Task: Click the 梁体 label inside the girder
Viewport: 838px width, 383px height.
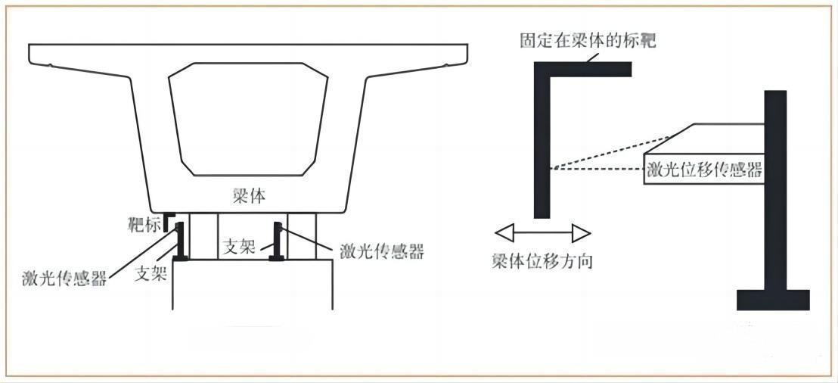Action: point(250,196)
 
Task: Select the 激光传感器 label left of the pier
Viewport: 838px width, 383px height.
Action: point(64,278)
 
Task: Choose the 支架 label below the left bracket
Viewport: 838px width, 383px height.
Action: point(151,274)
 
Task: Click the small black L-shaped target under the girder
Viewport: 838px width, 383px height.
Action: point(169,221)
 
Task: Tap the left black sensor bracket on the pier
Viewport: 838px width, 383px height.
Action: point(179,241)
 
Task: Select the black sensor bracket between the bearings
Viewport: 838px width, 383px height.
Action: point(277,241)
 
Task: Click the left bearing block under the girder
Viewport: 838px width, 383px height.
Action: point(203,236)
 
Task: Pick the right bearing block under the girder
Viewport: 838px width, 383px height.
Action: point(302,236)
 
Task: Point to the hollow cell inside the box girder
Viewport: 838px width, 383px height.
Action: point(248,119)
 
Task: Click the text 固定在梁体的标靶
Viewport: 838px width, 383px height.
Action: point(588,41)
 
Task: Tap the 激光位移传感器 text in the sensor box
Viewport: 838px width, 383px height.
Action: point(704,170)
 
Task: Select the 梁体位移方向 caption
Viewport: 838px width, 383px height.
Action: point(542,262)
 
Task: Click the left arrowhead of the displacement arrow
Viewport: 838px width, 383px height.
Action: point(504,233)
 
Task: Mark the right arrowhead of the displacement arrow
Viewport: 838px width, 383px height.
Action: point(582,233)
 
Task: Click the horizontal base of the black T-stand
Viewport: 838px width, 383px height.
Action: point(773,300)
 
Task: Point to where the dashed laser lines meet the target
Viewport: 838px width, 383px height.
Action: point(551,169)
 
